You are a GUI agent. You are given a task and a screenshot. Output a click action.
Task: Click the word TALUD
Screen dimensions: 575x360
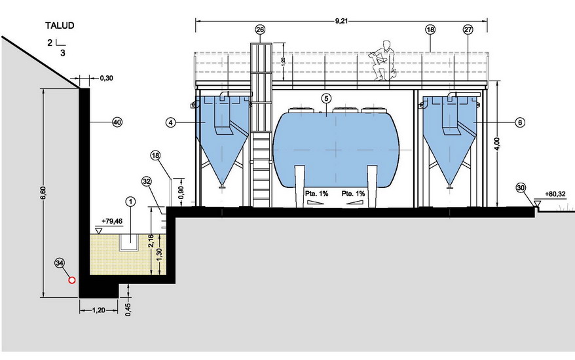click(x=60, y=26)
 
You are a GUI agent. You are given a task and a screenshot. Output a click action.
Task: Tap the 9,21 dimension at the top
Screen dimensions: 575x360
click(x=341, y=21)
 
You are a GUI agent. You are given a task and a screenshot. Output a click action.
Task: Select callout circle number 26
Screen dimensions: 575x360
click(x=260, y=29)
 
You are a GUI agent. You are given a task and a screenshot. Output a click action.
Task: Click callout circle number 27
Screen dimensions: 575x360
click(x=468, y=29)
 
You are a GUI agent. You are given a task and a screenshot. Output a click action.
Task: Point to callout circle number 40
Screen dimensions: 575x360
click(x=117, y=122)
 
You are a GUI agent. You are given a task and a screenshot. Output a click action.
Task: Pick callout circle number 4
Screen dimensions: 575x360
click(x=171, y=122)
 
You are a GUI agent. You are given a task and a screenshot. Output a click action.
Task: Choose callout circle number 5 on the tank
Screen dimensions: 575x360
click(x=325, y=98)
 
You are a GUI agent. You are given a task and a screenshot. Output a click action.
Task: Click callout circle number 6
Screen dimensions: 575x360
click(x=520, y=122)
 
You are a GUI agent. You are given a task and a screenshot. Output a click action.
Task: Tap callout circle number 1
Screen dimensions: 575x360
click(x=130, y=201)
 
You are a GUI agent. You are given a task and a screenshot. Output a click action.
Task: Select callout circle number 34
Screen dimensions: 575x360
click(x=60, y=263)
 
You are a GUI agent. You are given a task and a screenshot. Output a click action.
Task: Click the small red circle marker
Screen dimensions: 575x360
click(x=72, y=280)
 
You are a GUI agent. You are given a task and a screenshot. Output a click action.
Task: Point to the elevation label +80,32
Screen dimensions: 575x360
click(x=555, y=194)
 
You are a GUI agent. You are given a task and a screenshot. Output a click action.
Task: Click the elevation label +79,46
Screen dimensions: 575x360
click(x=112, y=221)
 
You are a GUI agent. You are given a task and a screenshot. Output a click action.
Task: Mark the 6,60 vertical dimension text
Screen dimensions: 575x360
click(x=43, y=193)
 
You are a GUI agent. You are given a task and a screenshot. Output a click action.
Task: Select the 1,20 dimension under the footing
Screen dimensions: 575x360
click(x=98, y=310)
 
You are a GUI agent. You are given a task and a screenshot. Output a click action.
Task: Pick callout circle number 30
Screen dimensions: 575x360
click(x=521, y=188)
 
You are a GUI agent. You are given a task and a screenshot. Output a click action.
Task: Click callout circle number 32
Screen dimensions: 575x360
click(x=147, y=181)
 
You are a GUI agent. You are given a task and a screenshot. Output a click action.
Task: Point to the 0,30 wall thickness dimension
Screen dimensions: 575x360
click(x=106, y=78)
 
